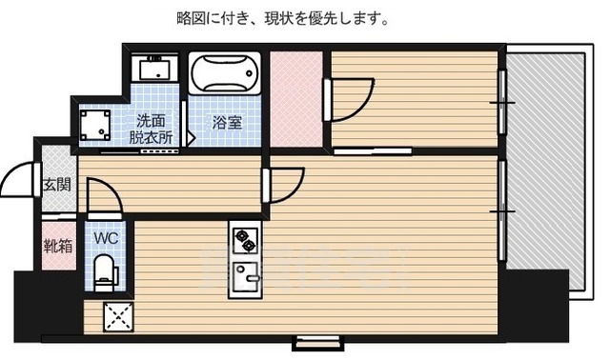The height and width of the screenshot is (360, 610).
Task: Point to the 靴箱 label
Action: click(x=57, y=246)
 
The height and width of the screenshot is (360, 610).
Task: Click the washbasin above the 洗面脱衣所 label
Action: click(x=152, y=70)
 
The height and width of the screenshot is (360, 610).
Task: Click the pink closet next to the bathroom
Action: click(x=295, y=99)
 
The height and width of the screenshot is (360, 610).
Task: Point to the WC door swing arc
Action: click(x=102, y=197)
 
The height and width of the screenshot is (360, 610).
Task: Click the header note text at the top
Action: click(x=282, y=18)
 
